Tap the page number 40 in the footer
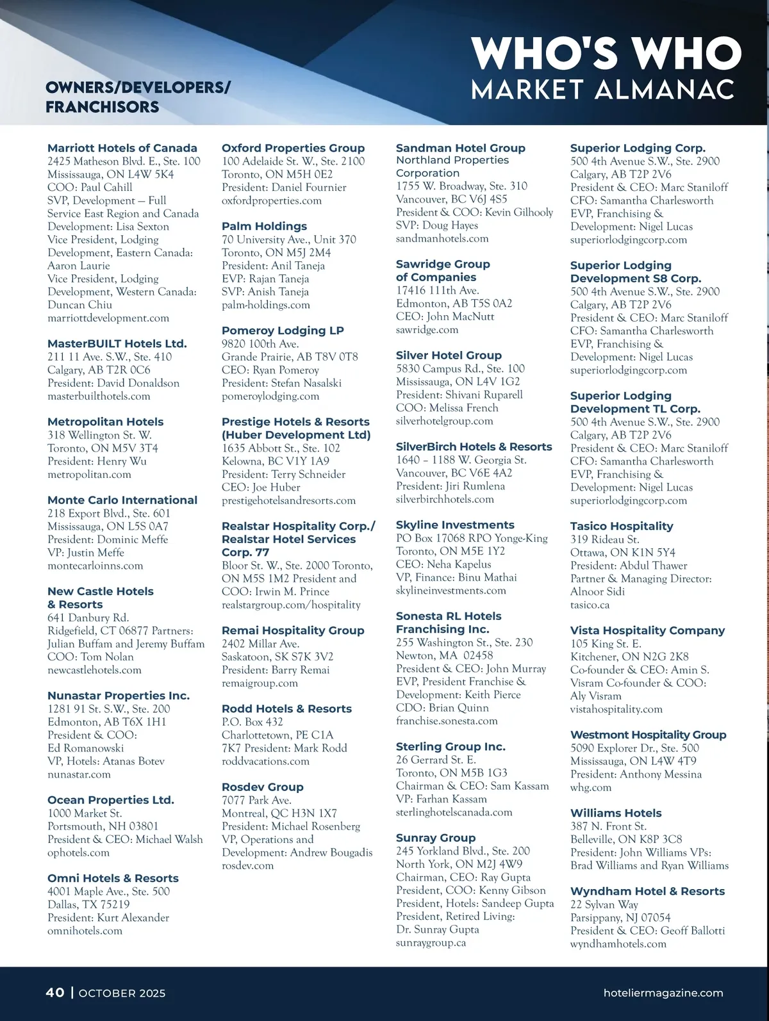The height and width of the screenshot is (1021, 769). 55,992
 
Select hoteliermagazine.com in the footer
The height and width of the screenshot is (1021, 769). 663,993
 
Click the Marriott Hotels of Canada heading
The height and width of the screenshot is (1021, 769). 122,148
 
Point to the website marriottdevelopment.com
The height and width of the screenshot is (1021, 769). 108,318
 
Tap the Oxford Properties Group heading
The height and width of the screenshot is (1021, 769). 293,148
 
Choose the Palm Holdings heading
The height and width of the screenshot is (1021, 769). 264,226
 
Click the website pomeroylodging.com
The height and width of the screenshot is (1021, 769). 270,396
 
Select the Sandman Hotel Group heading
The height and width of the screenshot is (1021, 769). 460,148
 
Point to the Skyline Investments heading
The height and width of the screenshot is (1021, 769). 455,525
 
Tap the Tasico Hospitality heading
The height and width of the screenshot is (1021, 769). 622,526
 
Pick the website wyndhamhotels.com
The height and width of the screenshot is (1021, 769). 618,943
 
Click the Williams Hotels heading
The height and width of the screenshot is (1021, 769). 616,813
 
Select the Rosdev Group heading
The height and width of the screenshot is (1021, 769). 262,787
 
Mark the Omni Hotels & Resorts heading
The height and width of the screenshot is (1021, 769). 113,878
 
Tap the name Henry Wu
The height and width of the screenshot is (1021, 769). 122,461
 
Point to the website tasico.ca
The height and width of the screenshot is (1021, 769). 590,605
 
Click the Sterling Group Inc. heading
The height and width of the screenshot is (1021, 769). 451,746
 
